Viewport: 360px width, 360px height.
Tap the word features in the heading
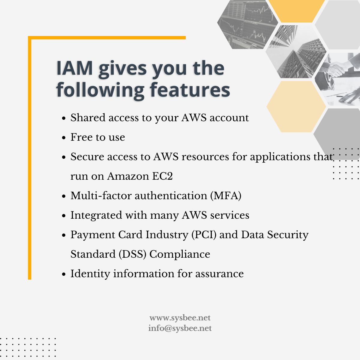click(x=190, y=89)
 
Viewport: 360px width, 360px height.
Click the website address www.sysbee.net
click(x=180, y=318)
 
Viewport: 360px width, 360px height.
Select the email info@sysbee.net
click(x=180, y=328)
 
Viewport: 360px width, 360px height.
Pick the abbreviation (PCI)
click(x=204, y=235)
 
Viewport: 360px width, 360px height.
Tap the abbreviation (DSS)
click(x=132, y=254)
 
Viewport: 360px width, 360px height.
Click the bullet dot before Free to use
click(x=64, y=138)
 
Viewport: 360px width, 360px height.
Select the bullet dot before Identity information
click(x=64, y=274)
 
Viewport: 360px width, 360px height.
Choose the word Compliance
click(x=180, y=254)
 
